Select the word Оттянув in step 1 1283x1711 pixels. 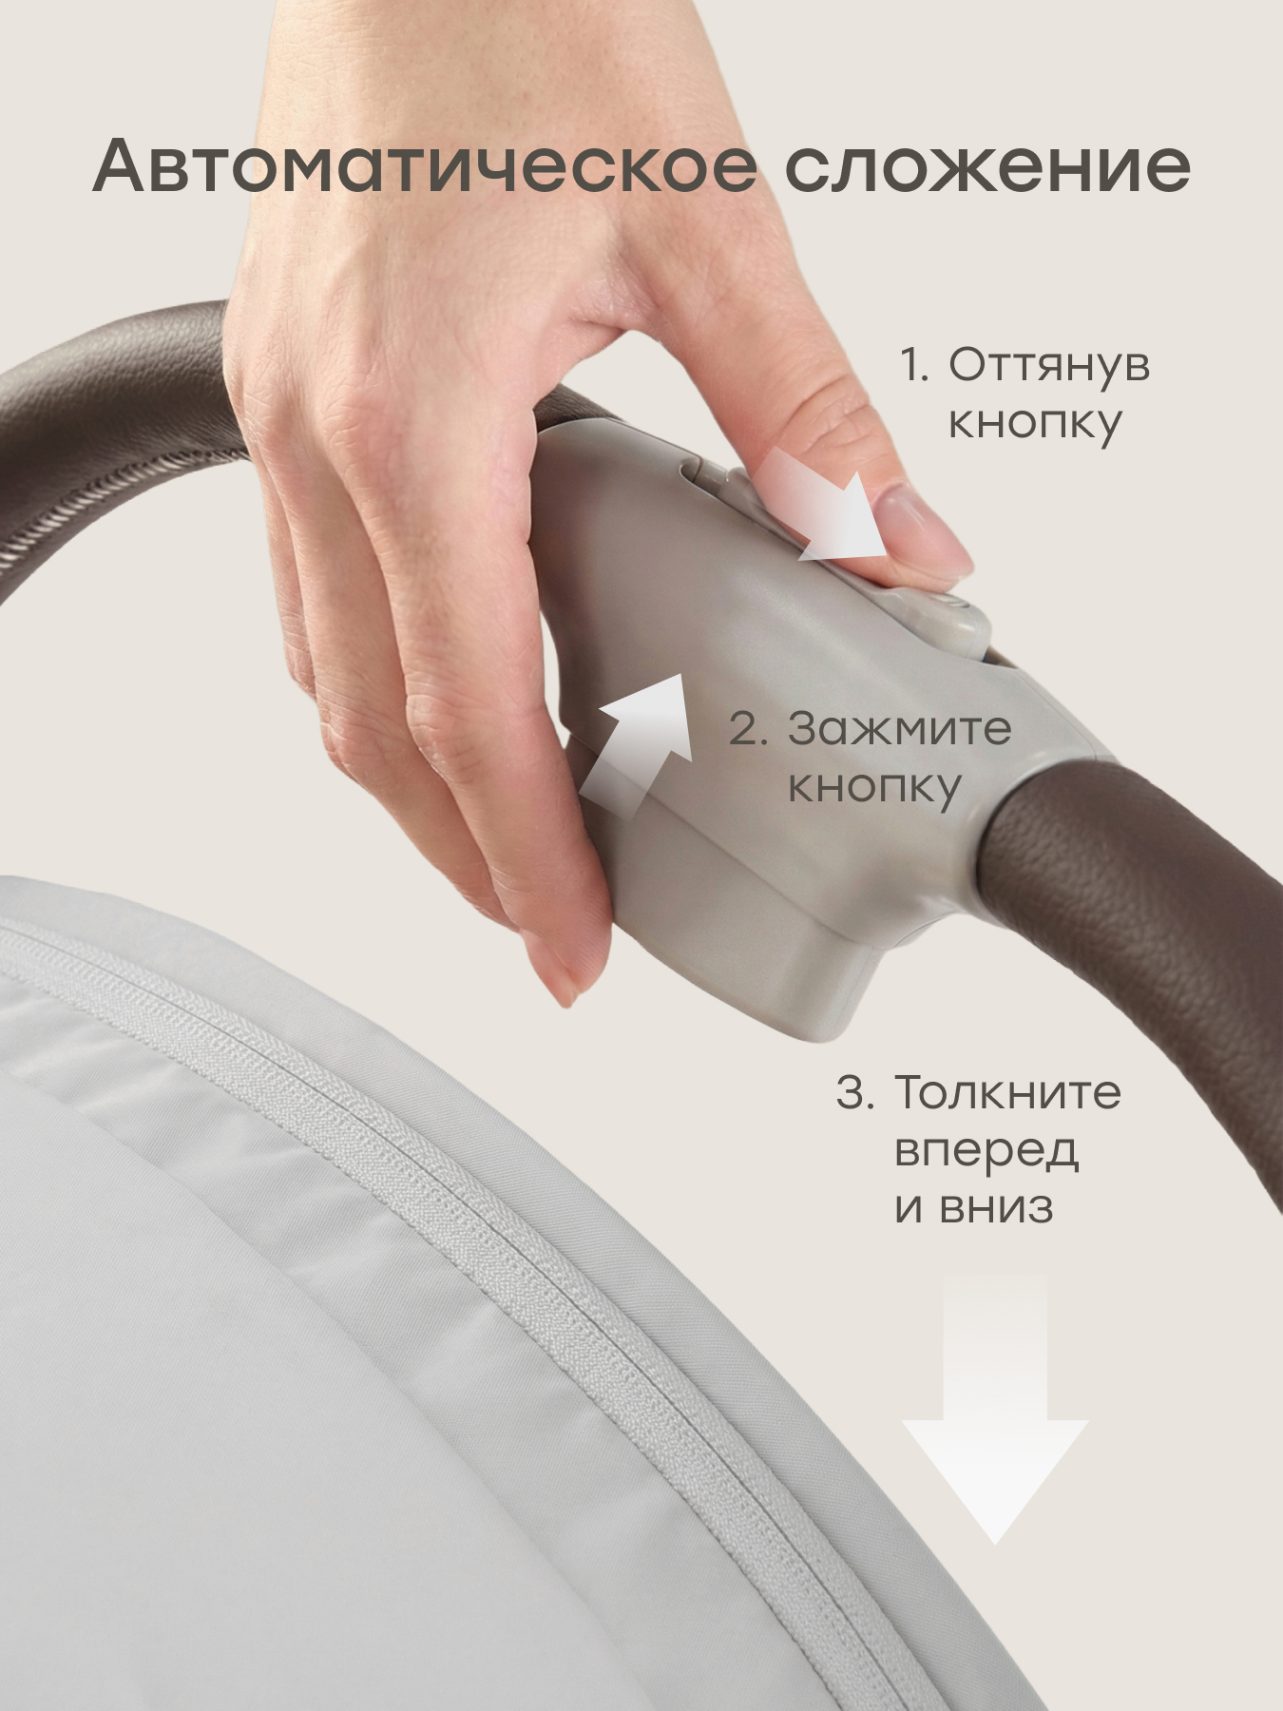(1049, 366)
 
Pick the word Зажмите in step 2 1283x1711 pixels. (900, 729)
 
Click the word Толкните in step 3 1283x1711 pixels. (1007, 1092)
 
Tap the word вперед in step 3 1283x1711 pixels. (986, 1151)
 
